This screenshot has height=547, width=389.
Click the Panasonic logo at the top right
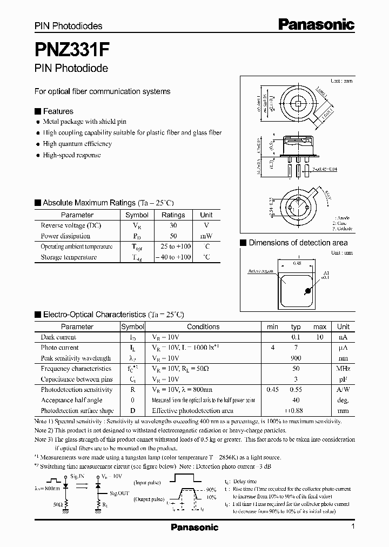tap(316, 24)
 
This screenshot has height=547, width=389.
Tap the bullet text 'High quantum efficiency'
tap(77, 144)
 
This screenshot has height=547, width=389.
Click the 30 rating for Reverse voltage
tap(173, 225)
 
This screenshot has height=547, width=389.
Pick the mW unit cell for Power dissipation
tap(206, 236)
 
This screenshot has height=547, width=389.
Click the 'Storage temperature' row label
tap(69, 257)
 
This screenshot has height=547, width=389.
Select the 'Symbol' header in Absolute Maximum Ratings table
tap(137, 215)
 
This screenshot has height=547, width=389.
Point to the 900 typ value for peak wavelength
tap(296, 358)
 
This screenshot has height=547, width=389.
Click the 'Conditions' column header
tap(203, 326)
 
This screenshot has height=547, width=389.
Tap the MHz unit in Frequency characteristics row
tap(343, 369)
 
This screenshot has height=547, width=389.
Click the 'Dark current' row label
tap(58, 337)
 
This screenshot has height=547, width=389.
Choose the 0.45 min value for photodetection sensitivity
tap(273, 390)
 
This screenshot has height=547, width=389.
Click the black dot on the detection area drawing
tap(308, 291)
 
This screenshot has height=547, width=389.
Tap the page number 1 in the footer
tap(352, 527)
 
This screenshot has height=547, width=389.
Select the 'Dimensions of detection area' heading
tap(298, 243)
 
